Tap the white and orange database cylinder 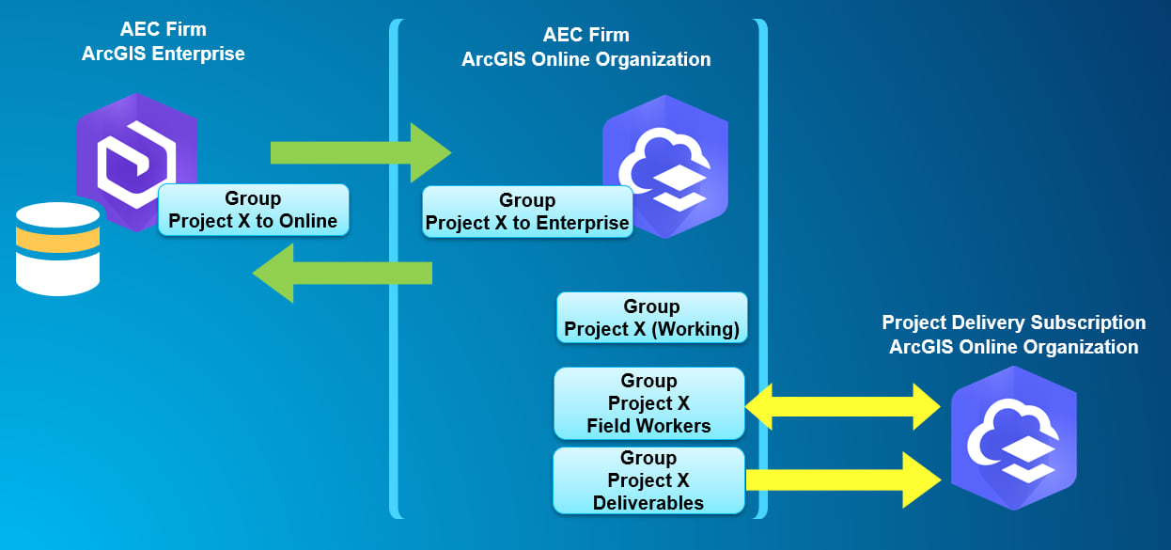(x=58, y=248)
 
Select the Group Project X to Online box (x=253, y=211)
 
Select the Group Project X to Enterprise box (x=526, y=212)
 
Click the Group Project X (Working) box (x=651, y=319)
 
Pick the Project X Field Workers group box (x=648, y=403)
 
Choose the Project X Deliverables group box (x=648, y=480)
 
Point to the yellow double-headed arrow (x=842, y=406)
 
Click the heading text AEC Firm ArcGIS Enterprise (x=163, y=42)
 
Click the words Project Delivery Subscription (x=1013, y=322)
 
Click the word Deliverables (x=648, y=503)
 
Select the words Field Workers (x=648, y=426)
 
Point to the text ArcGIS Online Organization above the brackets (x=585, y=59)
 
